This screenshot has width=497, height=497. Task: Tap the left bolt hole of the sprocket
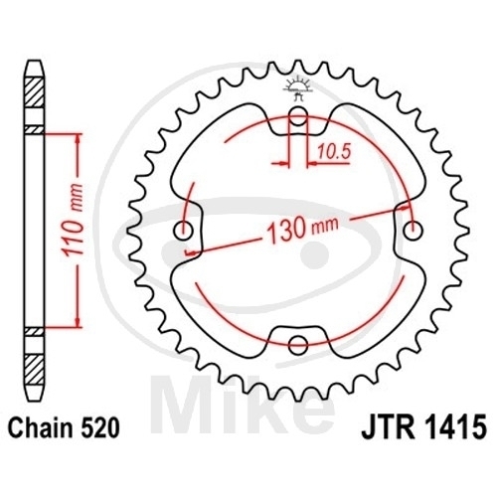(x=184, y=231)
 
